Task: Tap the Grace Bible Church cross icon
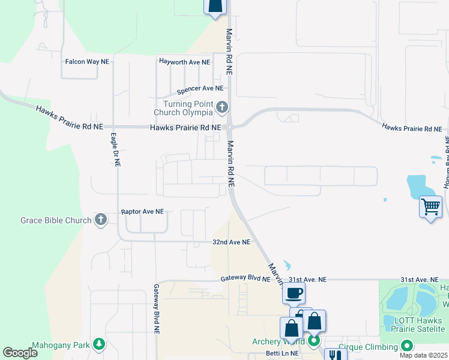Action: [x=101, y=220]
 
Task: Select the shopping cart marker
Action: [x=430, y=207]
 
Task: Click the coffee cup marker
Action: [x=294, y=293]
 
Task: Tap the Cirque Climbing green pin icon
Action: [x=407, y=346]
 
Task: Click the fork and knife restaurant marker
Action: [x=336, y=355]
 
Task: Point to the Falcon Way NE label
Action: [x=87, y=62]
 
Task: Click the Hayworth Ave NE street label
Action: [x=184, y=62]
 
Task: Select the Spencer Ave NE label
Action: [x=200, y=91]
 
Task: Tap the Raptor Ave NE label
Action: [x=142, y=212]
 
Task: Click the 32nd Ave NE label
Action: [x=231, y=242]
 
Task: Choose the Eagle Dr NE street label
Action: [x=115, y=149]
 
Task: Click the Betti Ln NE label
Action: [x=282, y=353]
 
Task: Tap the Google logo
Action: [x=20, y=353]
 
